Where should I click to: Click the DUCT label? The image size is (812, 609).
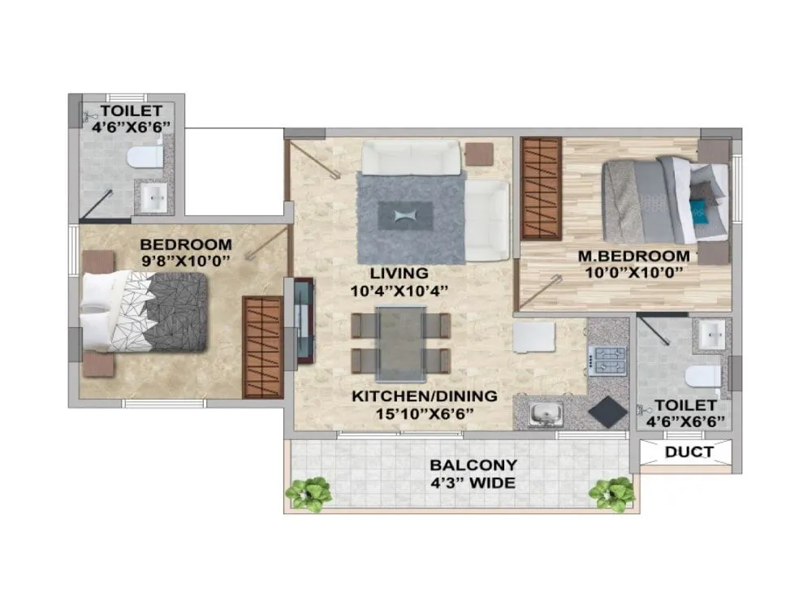(x=689, y=452)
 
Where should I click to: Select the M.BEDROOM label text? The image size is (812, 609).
(x=633, y=257)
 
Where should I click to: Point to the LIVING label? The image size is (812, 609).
(x=398, y=273)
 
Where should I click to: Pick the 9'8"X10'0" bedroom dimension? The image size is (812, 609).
(x=186, y=261)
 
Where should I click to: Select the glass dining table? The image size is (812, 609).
(x=401, y=344)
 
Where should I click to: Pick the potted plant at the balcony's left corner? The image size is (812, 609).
(x=308, y=494)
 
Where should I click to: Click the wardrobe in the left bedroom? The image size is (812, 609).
(x=261, y=347)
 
